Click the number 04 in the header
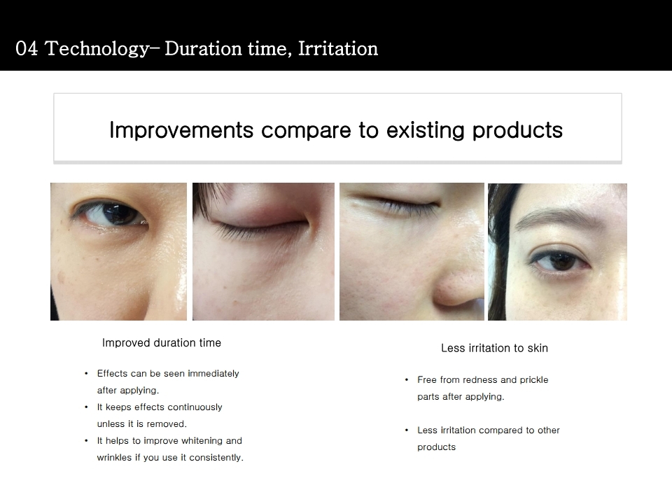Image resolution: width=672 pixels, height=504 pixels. (27, 48)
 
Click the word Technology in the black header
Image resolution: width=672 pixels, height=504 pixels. (97, 49)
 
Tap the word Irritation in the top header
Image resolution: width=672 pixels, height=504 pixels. (338, 48)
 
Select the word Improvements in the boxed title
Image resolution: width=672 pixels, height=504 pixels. (181, 130)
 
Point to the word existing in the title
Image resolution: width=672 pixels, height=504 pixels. (425, 130)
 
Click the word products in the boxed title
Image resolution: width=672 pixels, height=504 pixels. (517, 131)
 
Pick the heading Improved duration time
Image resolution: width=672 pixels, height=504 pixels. (162, 343)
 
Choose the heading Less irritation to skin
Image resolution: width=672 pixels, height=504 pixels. (495, 348)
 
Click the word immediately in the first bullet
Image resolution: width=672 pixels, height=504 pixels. (213, 374)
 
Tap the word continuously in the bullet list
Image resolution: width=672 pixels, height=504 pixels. (195, 407)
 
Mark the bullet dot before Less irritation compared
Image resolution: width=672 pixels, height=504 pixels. (407, 430)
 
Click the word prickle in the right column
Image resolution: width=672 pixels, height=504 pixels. (533, 380)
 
